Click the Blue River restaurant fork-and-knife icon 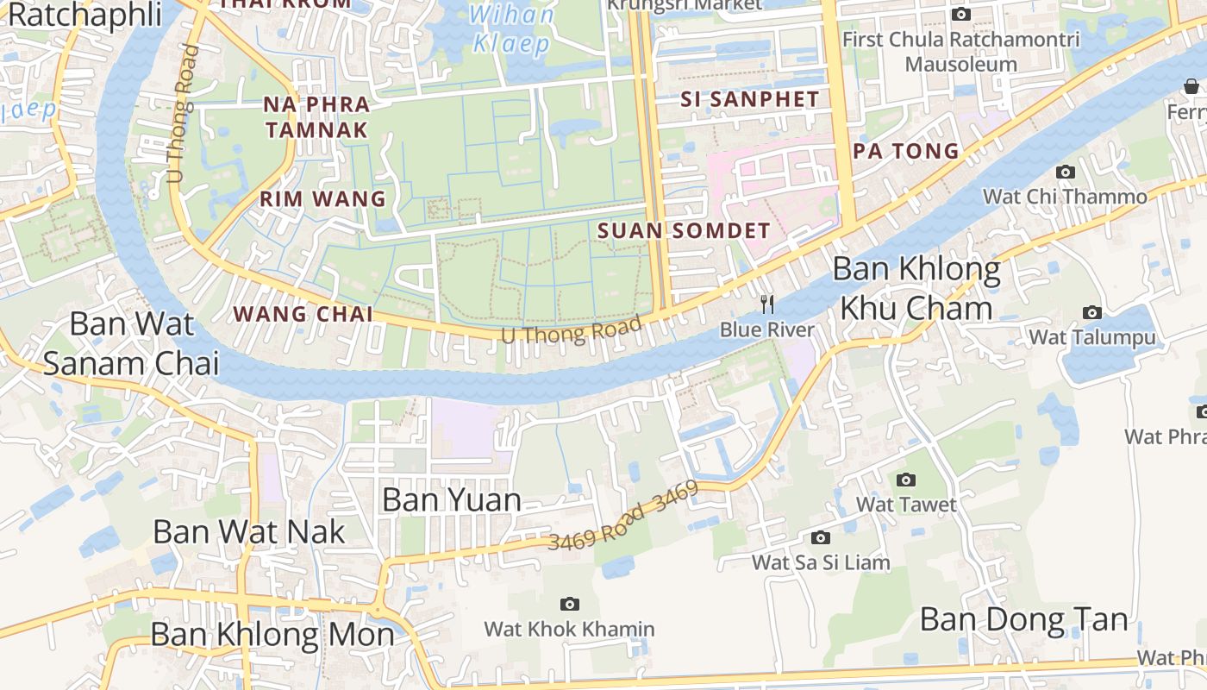767,304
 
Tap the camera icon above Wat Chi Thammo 1066,172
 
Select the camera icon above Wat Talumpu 1092,312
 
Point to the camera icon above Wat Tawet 905,480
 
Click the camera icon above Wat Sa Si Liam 821,538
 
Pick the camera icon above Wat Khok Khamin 569,604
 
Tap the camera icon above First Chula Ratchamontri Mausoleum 960,14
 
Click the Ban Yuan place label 452,499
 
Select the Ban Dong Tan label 1023,619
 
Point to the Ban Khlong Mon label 272,635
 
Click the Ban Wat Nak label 249,531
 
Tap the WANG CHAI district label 303,314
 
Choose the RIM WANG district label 323,199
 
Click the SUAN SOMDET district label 684,230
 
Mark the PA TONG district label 906,151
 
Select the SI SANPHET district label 750,99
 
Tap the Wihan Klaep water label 512,28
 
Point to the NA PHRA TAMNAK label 316,117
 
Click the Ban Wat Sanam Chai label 131,344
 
